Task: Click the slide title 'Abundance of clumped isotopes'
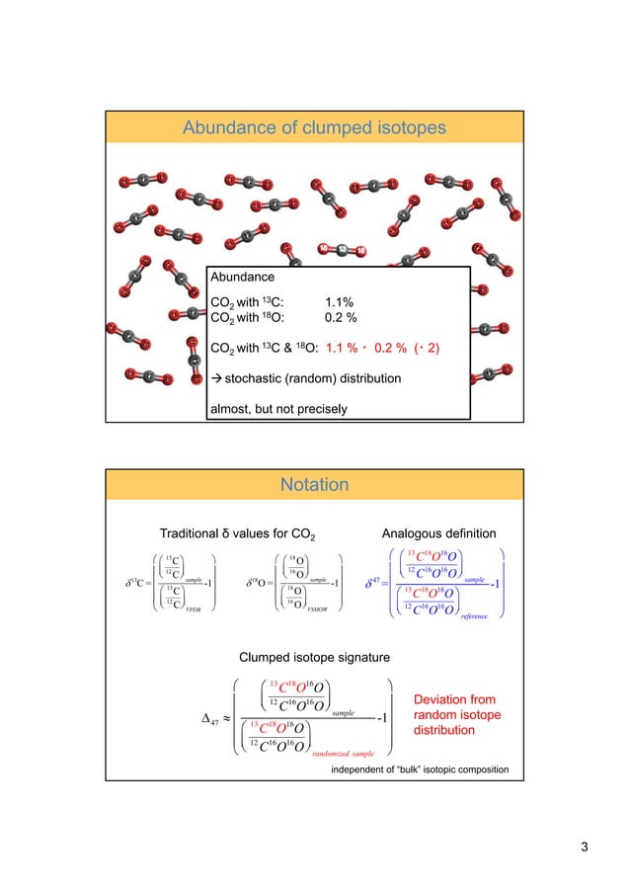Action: [315, 127]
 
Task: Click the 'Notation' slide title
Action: [315, 484]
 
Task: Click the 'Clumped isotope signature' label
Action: [315, 656]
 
